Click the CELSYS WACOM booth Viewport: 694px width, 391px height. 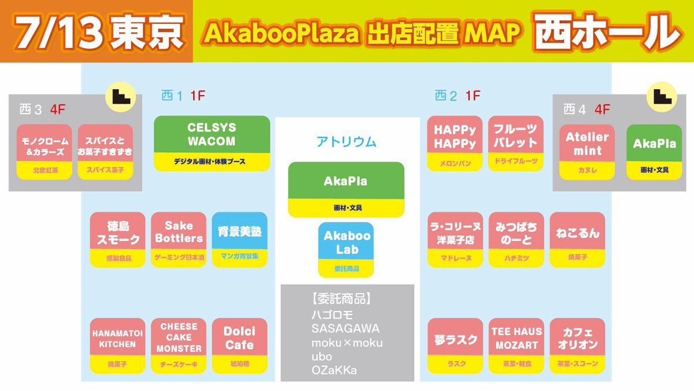coord(212,144)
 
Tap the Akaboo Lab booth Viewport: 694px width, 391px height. coord(346,250)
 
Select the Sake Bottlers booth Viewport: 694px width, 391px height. coord(179,240)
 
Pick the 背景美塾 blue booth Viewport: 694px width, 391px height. coord(239,240)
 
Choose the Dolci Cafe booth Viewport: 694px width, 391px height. coord(239,346)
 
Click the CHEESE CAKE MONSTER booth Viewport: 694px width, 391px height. coord(179,346)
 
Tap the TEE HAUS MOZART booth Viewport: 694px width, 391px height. coord(516,346)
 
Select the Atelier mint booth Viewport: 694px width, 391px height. coord(587,152)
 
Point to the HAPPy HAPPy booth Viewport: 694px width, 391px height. coord(455,144)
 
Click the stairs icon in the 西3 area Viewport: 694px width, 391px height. coord(120,97)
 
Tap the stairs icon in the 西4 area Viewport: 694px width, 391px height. coord(662,97)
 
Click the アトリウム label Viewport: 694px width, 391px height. coord(346,142)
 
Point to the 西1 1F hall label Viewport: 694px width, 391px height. coord(183,96)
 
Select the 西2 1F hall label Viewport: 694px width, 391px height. coord(457,96)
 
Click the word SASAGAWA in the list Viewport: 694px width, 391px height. coord(345,328)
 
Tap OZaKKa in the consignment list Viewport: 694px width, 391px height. coord(334,370)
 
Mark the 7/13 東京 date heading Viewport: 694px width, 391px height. coord(98,32)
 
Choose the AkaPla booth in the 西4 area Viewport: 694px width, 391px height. coord(654,152)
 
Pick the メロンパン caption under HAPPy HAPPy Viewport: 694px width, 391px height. coord(455,163)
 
